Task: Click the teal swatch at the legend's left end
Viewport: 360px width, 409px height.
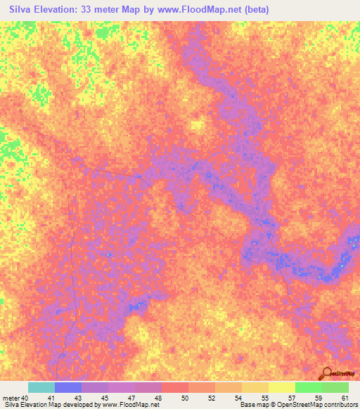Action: click(x=41, y=387)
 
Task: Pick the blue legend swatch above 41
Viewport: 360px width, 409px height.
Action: click(x=68, y=387)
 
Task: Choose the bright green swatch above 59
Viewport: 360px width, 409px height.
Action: click(x=308, y=387)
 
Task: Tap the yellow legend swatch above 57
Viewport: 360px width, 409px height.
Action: click(x=281, y=387)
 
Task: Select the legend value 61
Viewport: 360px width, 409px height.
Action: click(x=345, y=397)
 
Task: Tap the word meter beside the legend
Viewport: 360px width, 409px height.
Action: click(x=11, y=397)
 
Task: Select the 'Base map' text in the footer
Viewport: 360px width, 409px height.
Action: click(x=254, y=405)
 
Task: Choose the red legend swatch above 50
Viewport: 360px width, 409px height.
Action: click(x=174, y=387)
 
